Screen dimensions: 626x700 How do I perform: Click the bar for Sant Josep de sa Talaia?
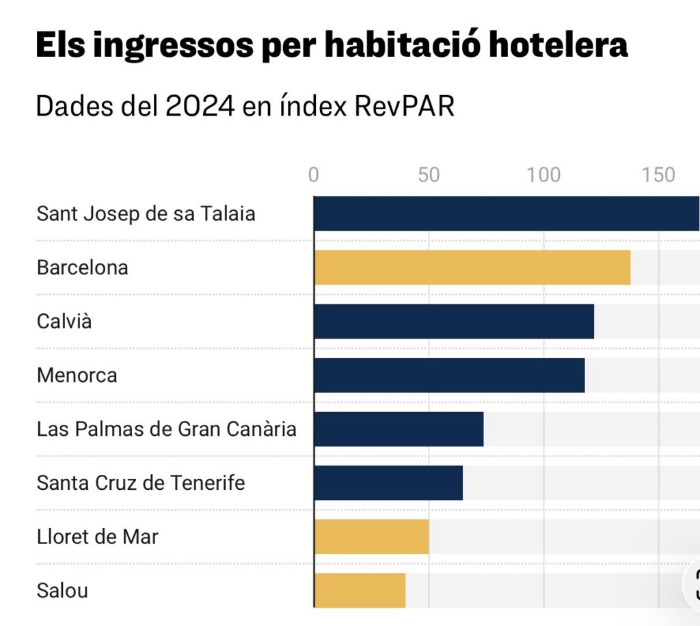point(507,213)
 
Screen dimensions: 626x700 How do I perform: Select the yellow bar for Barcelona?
point(472,267)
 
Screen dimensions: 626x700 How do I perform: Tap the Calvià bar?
point(454,321)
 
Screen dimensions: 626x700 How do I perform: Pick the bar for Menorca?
point(449,375)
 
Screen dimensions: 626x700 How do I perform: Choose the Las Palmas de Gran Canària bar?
point(399,429)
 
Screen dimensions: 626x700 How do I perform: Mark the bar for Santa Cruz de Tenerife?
point(388,483)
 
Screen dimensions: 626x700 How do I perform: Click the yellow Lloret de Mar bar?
point(371,537)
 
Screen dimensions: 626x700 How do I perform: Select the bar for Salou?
point(360,590)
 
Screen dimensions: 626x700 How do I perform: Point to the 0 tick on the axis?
point(314,175)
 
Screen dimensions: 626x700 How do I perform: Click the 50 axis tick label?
point(429,175)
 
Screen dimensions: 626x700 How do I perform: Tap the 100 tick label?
point(544,175)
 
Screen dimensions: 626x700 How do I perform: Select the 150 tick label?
point(659,175)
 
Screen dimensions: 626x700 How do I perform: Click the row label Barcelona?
point(83,267)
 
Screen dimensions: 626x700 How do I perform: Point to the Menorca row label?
point(77,375)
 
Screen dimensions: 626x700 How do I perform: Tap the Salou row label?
point(62,590)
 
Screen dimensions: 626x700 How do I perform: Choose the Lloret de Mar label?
point(98,537)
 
